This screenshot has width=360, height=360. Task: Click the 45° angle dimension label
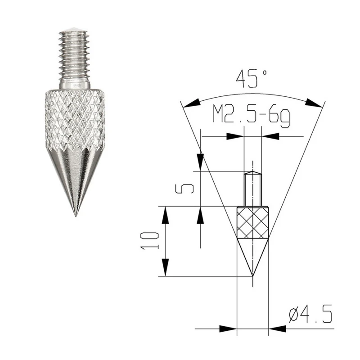coord(252,79)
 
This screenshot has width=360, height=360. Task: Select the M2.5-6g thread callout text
coord(251,116)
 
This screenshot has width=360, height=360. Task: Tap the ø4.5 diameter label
coord(310,314)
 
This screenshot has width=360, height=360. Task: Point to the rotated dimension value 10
coord(149,241)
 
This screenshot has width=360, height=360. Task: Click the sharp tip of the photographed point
coord(76,216)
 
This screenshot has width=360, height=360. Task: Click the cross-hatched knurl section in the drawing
coord(252,223)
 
